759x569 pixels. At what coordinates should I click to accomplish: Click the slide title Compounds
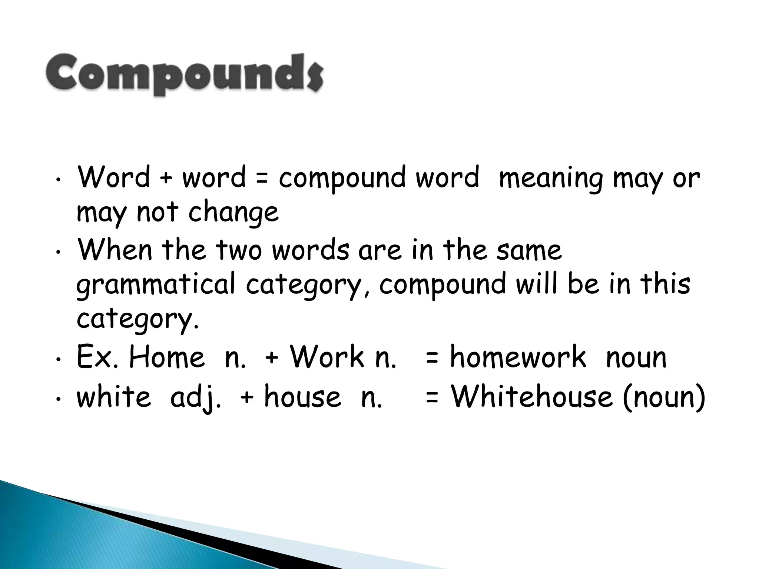184,74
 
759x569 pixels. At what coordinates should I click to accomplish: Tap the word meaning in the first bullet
550,178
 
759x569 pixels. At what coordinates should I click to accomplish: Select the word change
233,212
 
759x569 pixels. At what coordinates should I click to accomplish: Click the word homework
518,357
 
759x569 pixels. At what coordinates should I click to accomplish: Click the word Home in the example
166,357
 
